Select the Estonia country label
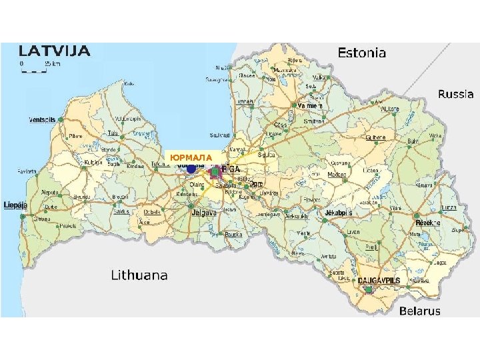pyautogui.click(x=361, y=53)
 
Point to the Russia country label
pyautogui.click(x=455, y=95)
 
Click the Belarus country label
pyautogui.click(x=419, y=311)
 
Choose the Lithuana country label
pyautogui.click(x=139, y=275)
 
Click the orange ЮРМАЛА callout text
pyautogui.click(x=191, y=157)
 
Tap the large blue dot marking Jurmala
pyautogui.click(x=191, y=169)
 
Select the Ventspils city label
pyautogui.click(x=41, y=120)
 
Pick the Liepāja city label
pyautogui.click(x=15, y=205)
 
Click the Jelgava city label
pyautogui.click(x=204, y=213)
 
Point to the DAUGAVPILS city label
pyautogui.click(x=379, y=281)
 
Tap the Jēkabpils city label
pyautogui.click(x=338, y=213)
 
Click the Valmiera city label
pyautogui.click(x=310, y=106)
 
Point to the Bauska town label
pyautogui.click(x=233, y=235)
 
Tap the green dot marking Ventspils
pyautogui.click(x=61, y=119)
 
